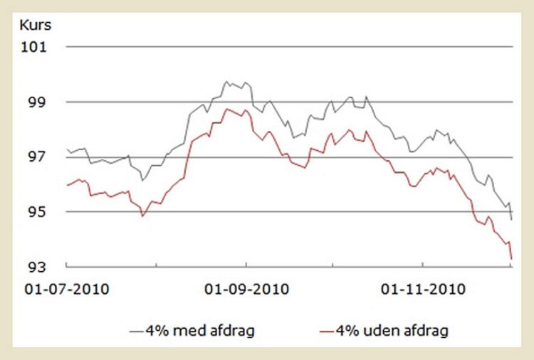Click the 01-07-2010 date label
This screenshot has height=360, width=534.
[x=68, y=290]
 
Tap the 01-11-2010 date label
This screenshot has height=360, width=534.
[x=424, y=290]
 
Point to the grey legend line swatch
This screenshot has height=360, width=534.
[x=137, y=331]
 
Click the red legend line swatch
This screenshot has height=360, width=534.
[x=326, y=331]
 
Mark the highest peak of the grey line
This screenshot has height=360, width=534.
[x=226, y=82]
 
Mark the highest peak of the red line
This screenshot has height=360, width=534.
[x=227, y=109]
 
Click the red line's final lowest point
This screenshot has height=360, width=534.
[x=512, y=259]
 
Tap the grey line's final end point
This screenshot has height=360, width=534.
[x=512, y=220]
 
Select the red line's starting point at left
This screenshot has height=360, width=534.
[x=67, y=185]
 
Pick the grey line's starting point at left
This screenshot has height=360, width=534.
[x=67, y=149]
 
